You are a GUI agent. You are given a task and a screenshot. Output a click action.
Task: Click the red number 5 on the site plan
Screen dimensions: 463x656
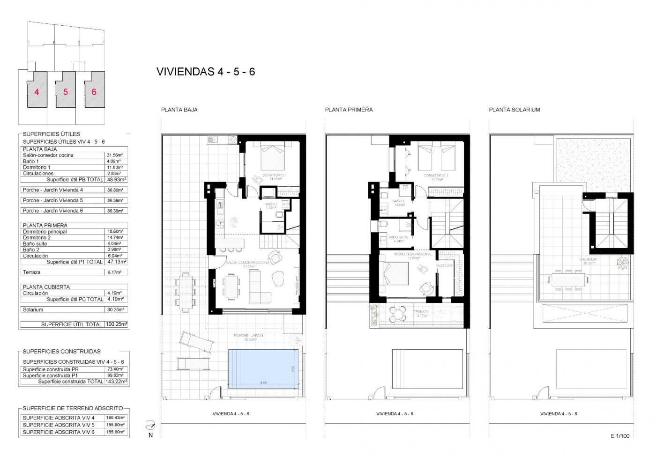tap(66, 92)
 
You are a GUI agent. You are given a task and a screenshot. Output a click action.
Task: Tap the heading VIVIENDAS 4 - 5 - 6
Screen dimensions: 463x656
tap(205, 72)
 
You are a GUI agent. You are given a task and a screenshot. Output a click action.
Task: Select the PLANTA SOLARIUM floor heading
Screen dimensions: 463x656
tap(514, 110)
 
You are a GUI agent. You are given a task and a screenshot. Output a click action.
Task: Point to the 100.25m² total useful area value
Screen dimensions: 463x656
tap(116, 324)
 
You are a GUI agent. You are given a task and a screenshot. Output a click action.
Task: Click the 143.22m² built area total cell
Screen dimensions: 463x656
tap(116, 382)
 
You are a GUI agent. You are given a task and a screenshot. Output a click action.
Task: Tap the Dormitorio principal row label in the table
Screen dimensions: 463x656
tap(45, 232)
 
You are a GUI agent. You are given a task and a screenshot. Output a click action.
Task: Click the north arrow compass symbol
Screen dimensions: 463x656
tap(150, 425)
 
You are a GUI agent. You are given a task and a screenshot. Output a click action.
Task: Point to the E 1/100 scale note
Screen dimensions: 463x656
tap(619, 436)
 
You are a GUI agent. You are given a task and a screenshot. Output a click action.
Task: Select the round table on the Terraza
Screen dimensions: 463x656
tap(398, 314)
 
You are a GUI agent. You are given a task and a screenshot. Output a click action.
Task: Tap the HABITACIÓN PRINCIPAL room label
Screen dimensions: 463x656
tap(412, 254)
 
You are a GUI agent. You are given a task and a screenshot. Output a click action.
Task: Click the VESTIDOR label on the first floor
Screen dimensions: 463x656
tap(444, 265)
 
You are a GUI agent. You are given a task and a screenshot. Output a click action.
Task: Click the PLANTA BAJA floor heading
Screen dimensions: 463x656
tap(179, 110)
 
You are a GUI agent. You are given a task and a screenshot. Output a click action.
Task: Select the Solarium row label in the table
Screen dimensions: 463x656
tap(33, 309)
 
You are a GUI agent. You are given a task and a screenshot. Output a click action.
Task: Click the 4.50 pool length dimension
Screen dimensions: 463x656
tap(263, 383)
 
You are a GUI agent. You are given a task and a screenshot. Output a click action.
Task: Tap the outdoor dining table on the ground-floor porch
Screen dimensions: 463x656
tap(186, 290)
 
